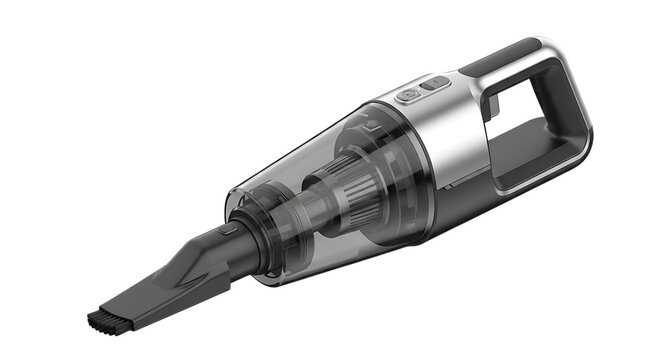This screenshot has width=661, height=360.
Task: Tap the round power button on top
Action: (x=409, y=96)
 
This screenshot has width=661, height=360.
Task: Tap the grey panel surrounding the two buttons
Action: (x=421, y=92)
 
